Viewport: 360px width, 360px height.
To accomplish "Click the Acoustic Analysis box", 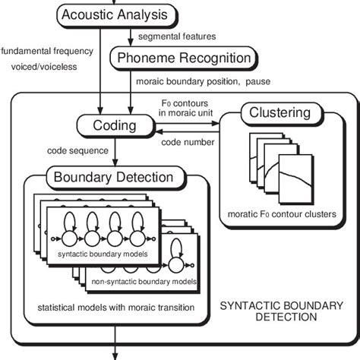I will click(115, 15).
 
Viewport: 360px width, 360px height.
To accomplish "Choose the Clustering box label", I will click(279, 113).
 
